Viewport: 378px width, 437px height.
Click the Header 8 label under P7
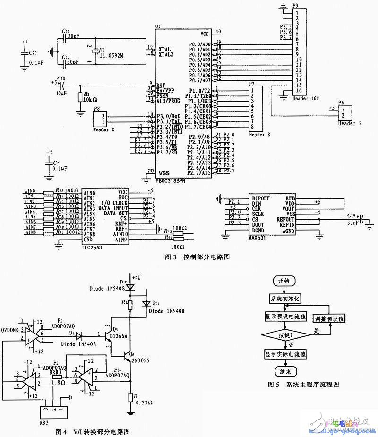[259, 134]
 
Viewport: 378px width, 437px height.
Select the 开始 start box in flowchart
[281, 281]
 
